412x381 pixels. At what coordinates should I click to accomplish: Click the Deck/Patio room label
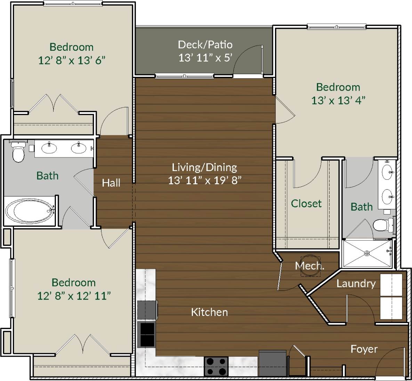(205, 44)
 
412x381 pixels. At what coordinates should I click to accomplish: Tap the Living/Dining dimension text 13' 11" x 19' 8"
(205, 180)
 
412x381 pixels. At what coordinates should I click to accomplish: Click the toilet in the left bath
(18, 152)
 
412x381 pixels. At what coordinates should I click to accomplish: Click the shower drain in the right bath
(367, 253)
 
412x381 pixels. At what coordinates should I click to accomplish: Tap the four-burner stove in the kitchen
(216, 366)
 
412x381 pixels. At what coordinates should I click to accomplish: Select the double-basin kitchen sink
(146, 335)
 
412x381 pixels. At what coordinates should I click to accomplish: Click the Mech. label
(309, 266)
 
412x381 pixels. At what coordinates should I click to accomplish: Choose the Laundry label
(356, 284)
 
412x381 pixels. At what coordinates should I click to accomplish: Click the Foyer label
(364, 349)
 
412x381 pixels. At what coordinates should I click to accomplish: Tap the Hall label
(111, 183)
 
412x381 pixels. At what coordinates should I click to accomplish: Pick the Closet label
(306, 203)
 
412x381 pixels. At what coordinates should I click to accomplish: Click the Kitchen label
(209, 312)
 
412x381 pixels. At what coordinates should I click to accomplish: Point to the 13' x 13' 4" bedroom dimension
(338, 100)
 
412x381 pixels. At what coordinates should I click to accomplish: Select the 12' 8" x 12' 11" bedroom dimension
(74, 296)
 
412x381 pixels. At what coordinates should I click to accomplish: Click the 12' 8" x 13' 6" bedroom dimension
(72, 60)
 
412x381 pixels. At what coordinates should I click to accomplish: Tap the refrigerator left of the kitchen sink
(146, 310)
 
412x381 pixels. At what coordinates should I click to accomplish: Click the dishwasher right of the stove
(273, 363)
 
